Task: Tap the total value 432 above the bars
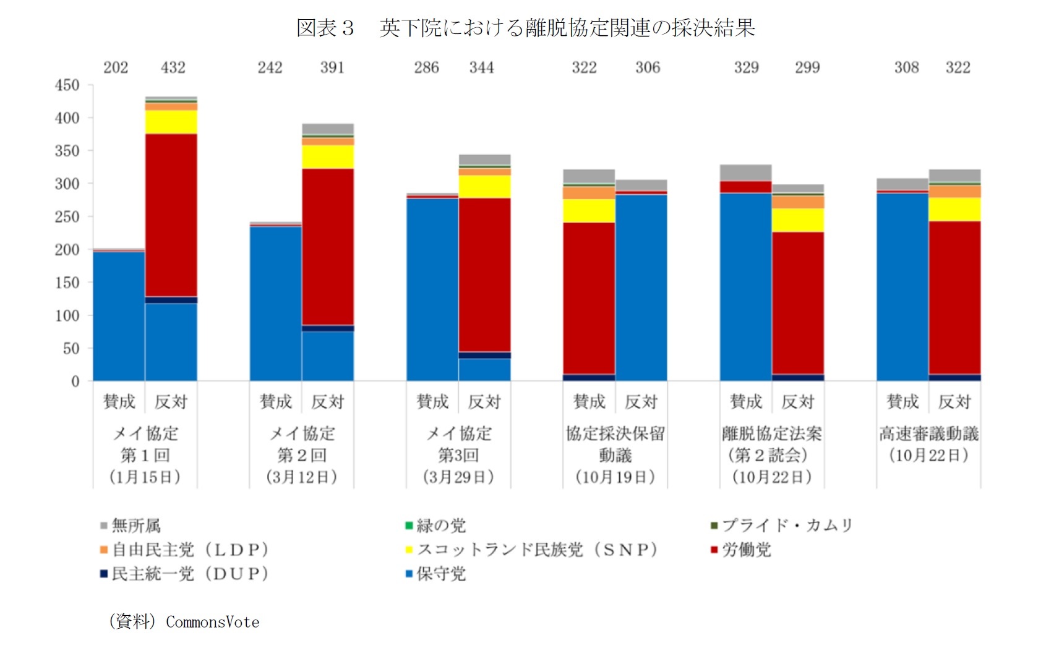173,67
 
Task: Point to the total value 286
426,67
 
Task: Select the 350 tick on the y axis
67,151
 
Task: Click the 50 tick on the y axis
71,348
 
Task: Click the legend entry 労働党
747,550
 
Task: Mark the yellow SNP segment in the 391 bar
328,156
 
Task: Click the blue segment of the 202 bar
119,315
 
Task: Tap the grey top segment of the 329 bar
746,173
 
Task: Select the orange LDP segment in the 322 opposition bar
954,191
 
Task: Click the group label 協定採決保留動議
615,444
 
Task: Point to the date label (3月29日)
458,477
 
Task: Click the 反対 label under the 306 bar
641,402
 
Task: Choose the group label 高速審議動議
928,433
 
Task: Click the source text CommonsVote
212,622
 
